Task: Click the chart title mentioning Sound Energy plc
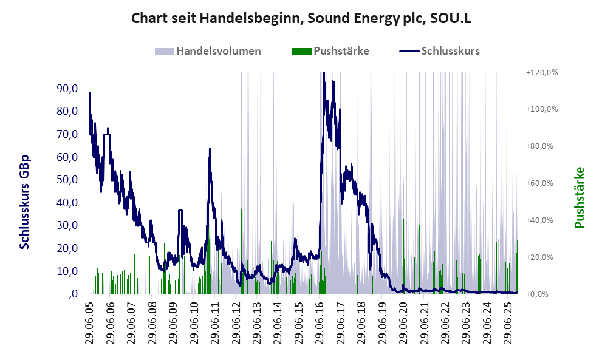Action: pyautogui.click(x=301, y=19)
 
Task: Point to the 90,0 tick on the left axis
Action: pyautogui.click(x=66, y=89)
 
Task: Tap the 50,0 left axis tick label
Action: pyautogui.click(x=66, y=180)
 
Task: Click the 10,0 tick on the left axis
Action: pyautogui.click(x=66, y=271)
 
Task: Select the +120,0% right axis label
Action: pyautogui.click(x=541, y=73)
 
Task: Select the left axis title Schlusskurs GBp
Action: pyautogui.click(x=25, y=202)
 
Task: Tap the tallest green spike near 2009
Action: pyautogui.click(x=179, y=87)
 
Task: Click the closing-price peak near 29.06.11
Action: pyautogui.click(x=210, y=149)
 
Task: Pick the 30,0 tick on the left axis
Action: pyautogui.click(x=66, y=225)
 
